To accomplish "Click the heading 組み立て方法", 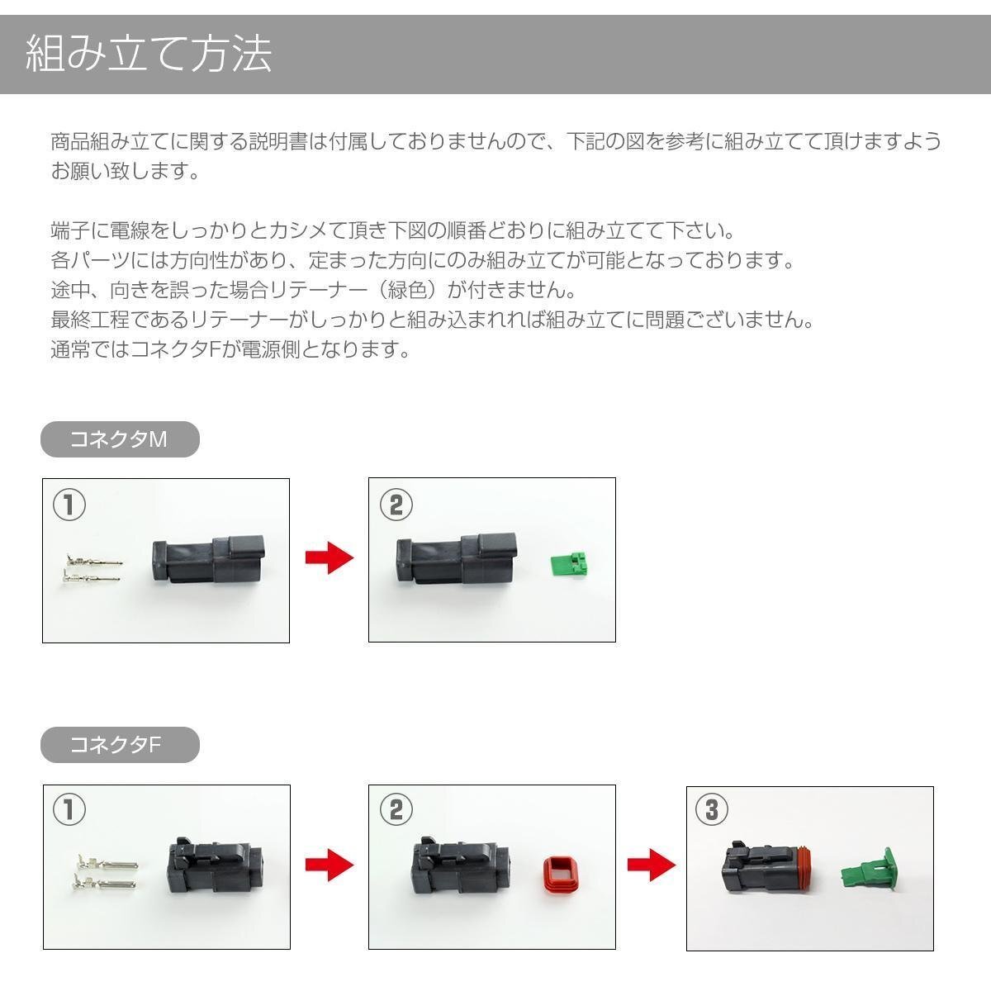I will coord(149,55).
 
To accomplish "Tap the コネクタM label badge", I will coord(120,439).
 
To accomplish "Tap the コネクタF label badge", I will coord(120,746).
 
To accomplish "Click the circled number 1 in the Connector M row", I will coord(69,505).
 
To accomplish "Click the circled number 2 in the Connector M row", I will coord(396,505).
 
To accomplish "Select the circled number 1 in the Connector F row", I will coord(69,810).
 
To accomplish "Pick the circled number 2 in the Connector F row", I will coord(396,810).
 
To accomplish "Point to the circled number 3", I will coord(712,810).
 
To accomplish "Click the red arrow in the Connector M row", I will coord(329,558).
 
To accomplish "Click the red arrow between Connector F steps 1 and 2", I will coord(329,865).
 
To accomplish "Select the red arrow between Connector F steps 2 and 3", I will coord(651,865).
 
